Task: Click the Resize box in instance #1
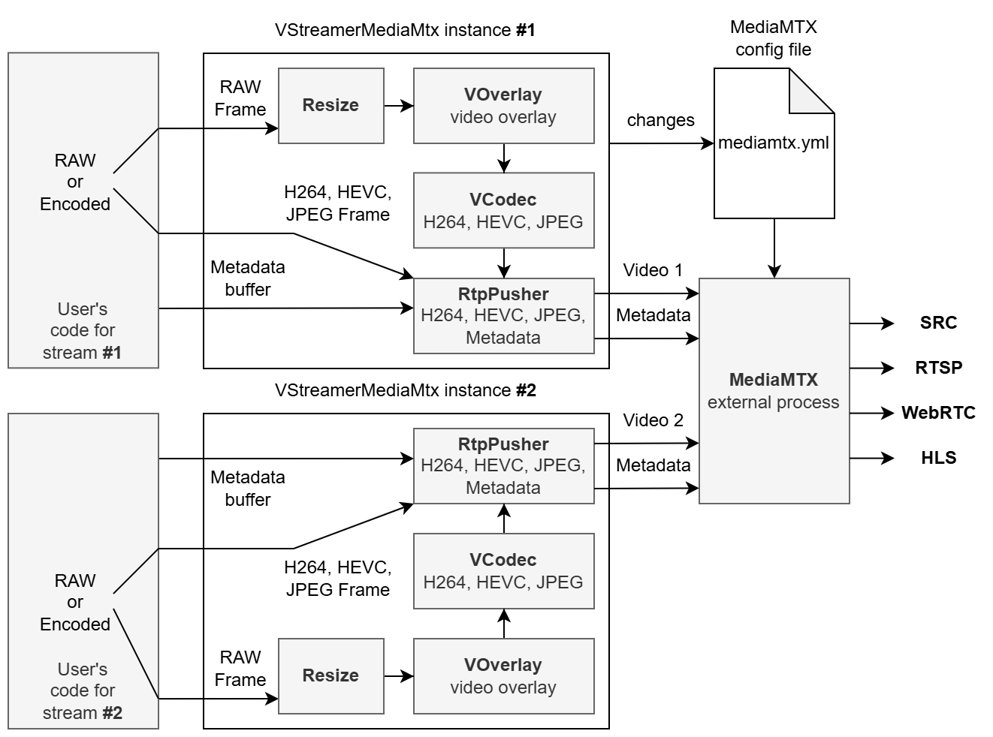point(330,106)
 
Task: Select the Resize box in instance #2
point(330,675)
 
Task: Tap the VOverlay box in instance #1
point(503,106)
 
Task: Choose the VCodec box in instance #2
point(503,571)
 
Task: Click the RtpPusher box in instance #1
point(503,316)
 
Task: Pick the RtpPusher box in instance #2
point(503,466)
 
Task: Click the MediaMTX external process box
point(774,391)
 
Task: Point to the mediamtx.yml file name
point(774,143)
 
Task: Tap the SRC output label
point(938,323)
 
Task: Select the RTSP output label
point(938,368)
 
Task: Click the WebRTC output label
point(938,413)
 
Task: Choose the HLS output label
point(938,458)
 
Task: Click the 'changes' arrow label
point(660,120)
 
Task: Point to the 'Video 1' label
point(653,270)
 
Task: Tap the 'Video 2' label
point(653,420)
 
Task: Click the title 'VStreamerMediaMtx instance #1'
point(405,30)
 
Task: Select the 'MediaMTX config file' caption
point(773,39)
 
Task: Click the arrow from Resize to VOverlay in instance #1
point(399,106)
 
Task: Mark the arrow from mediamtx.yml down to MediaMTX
point(774,248)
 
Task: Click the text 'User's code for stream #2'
point(83,690)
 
